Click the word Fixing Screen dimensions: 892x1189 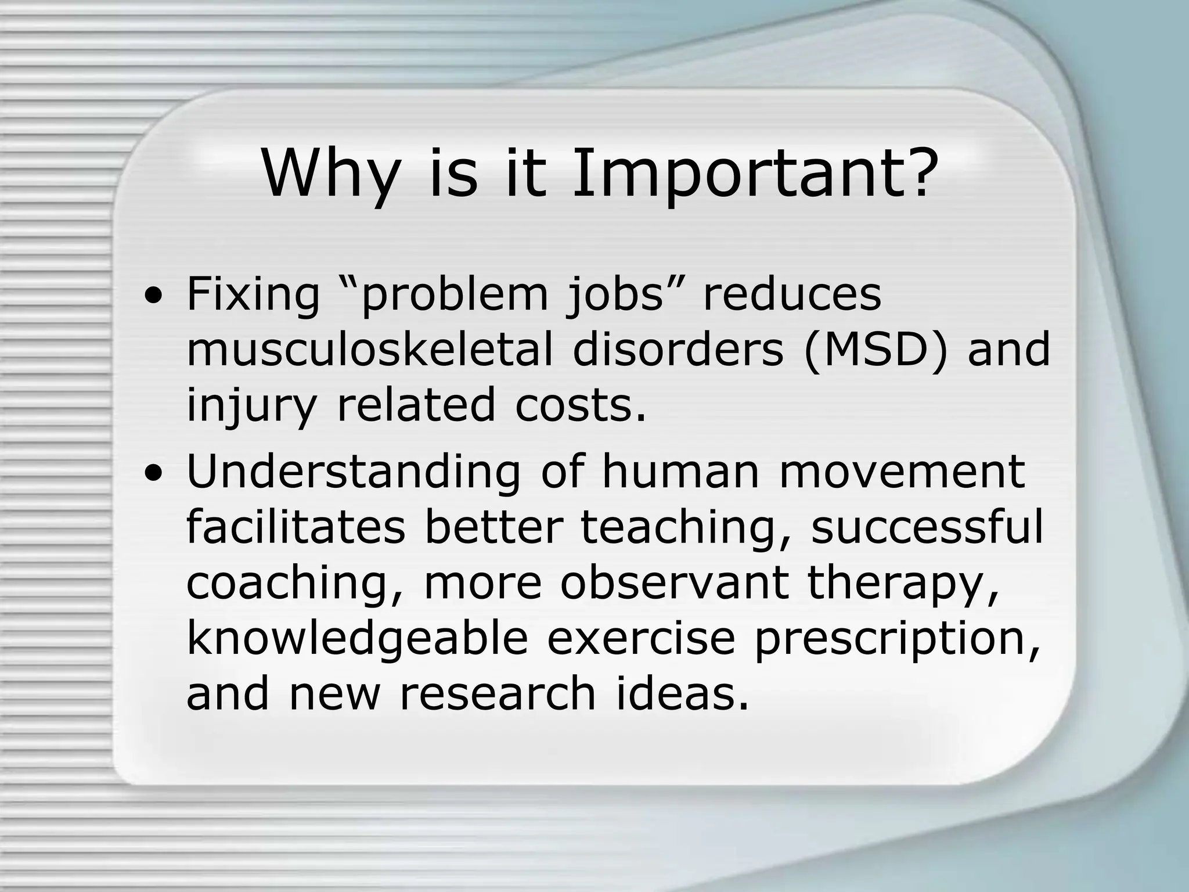click(253, 295)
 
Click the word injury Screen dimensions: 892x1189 click(251, 407)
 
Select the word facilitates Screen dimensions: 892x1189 click(296, 527)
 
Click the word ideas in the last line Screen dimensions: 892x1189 click(682, 693)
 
